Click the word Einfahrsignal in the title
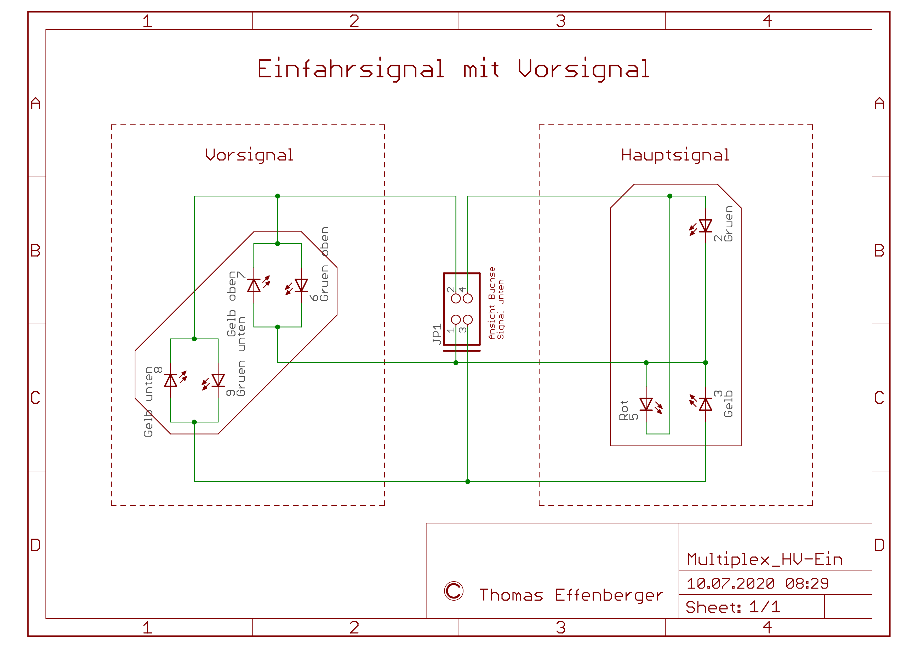tap(350, 69)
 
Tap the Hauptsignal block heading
tap(675, 155)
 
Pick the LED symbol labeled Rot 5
tap(646, 404)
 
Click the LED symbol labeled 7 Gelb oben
tap(254, 285)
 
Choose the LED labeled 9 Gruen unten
tap(218, 380)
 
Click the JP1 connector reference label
tap(437, 334)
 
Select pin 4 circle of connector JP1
tap(468, 298)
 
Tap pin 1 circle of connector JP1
tap(456, 320)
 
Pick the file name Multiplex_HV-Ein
tap(764, 559)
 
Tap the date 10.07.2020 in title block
tap(730, 583)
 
